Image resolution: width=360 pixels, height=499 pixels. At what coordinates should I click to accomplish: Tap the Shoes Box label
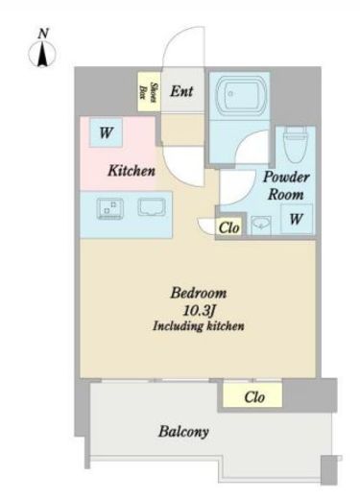[x=149, y=92]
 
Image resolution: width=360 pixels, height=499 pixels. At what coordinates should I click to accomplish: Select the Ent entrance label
[x=181, y=91]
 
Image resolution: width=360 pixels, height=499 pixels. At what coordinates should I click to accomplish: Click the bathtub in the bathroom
[x=241, y=94]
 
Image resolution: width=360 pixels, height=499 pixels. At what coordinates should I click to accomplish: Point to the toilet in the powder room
[x=296, y=144]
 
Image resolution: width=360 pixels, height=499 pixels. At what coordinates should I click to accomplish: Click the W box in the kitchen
[x=106, y=132]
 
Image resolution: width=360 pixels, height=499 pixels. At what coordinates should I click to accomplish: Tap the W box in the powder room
[x=296, y=219]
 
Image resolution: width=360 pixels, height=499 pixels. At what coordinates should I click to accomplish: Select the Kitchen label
[x=132, y=171]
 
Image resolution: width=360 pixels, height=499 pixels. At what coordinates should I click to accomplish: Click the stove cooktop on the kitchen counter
[x=109, y=208]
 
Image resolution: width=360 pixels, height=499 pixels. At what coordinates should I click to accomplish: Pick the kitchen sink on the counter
[x=152, y=207]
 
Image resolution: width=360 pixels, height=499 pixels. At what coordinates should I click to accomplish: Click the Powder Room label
[x=286, y=185]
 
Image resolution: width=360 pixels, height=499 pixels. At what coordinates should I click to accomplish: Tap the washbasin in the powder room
[x=261, y=226]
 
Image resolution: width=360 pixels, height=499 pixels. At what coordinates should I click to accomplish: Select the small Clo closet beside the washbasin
[x=229, y=227]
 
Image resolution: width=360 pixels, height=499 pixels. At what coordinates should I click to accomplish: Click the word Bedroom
[x=199, y=293]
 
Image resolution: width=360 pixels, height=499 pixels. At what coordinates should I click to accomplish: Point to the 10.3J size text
[x=198, y=310]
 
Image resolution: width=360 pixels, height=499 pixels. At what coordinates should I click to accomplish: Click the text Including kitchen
[x=199, y=326]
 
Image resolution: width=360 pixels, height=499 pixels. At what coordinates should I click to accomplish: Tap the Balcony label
[x=183, y=432]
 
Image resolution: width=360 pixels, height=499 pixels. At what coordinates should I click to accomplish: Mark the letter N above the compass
[x=43, y=34]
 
